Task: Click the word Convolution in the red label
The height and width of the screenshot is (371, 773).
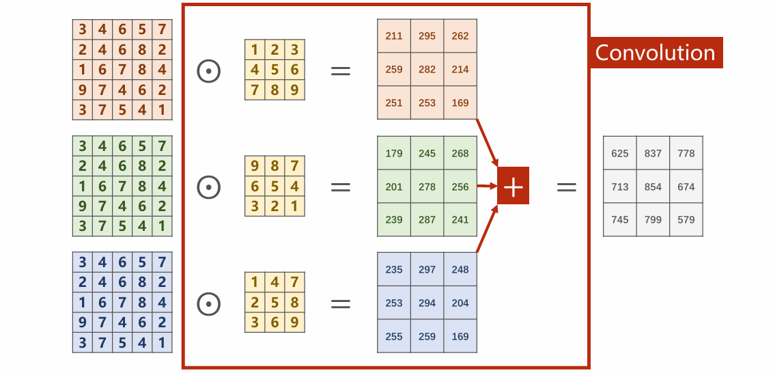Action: (655, 53)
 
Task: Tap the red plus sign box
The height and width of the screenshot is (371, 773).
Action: (514, 186)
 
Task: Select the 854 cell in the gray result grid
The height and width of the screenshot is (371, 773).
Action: (653, 187)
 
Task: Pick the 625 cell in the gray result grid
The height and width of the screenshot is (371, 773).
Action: (619, 154)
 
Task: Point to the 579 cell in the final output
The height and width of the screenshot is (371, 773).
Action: (686, 219)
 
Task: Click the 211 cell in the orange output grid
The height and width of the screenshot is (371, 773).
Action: (394, 36)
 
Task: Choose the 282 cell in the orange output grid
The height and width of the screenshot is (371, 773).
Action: (427, 70)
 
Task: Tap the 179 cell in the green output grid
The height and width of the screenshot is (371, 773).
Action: (394, 153)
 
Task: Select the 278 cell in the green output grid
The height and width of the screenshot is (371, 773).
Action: (427, 187)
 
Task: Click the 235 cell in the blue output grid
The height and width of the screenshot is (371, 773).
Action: (394, 269)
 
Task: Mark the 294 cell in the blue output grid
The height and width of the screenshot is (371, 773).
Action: (427, 303)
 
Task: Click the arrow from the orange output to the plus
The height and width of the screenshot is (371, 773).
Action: (488, 143)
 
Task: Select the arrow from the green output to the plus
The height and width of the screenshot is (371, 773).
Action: (487, 187)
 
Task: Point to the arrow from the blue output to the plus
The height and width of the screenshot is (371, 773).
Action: (488, 229)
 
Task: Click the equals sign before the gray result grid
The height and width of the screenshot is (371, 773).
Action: (567, 187)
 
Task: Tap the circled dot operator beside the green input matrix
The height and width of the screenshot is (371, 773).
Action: (208, 187)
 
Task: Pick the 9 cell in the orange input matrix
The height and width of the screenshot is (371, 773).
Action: (83, 90)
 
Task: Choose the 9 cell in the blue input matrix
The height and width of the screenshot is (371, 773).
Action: (83, 322)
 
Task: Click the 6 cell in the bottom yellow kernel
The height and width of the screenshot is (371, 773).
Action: (275, 322)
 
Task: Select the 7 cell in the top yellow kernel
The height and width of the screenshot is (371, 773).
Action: (255, 90)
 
